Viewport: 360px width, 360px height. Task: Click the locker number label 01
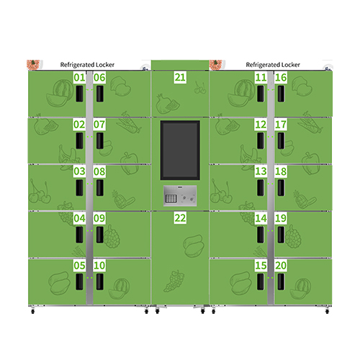click(78, 78)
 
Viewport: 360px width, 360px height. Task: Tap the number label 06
click(99, 78)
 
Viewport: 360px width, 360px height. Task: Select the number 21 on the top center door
click(180, 78)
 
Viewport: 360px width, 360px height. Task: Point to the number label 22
click(180, 218)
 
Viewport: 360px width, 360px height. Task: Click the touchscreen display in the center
click(180, 150)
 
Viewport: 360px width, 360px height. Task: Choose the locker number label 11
click(261, 78)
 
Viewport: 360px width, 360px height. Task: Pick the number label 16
click(281, 78)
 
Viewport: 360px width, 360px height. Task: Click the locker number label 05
click(78, 266)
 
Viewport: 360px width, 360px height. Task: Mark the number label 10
click(99, 266)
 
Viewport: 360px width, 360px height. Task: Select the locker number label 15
click(261, 266)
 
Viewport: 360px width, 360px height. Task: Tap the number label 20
click(281, 266)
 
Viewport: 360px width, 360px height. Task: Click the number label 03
click(78, 171)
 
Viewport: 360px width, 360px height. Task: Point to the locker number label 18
click(281, 171)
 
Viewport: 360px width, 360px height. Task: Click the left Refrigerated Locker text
click(88, 65)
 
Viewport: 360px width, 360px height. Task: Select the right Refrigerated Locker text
click(271, 65)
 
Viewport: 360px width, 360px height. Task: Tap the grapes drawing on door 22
click(173, 281)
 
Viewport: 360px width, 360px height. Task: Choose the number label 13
click(261, 171)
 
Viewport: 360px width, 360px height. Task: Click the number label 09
click(99, 218)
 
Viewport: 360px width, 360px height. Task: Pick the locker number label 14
click(261, 218)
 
